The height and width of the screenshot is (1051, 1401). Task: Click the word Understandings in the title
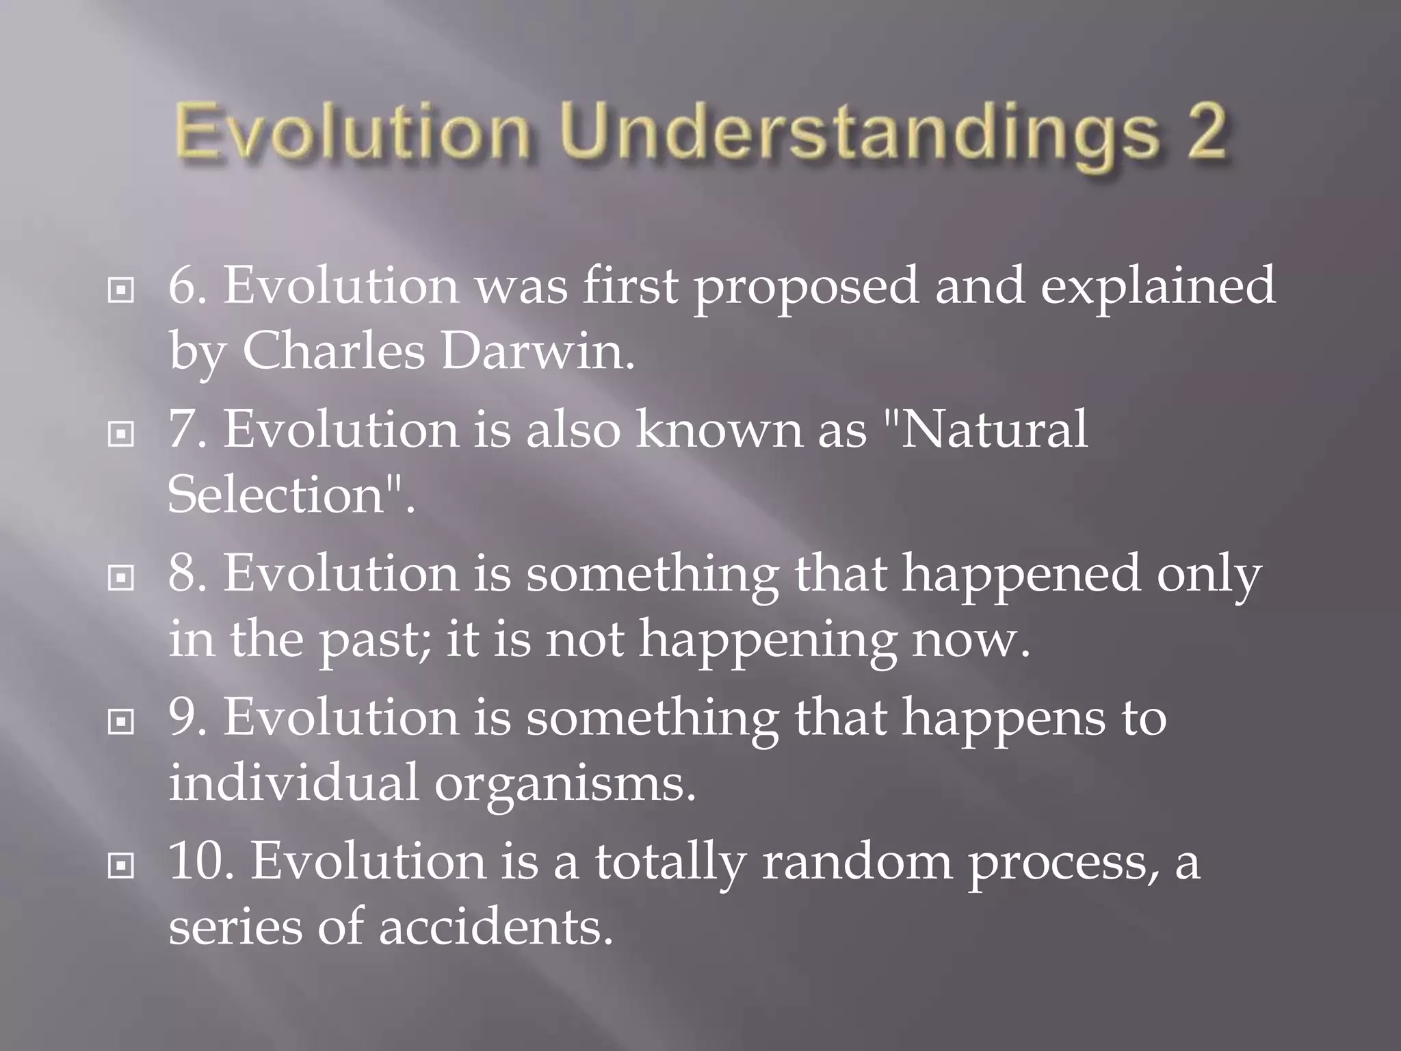pos(859,133)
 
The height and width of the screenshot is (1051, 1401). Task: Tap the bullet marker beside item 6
pos(121,291)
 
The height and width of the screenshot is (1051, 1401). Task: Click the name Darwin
pos(538,351)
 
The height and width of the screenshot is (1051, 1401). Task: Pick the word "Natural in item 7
pos(985,430)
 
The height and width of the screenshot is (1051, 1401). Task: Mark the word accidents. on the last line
pos(495,928)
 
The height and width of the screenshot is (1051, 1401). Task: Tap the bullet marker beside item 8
pos(121,578)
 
